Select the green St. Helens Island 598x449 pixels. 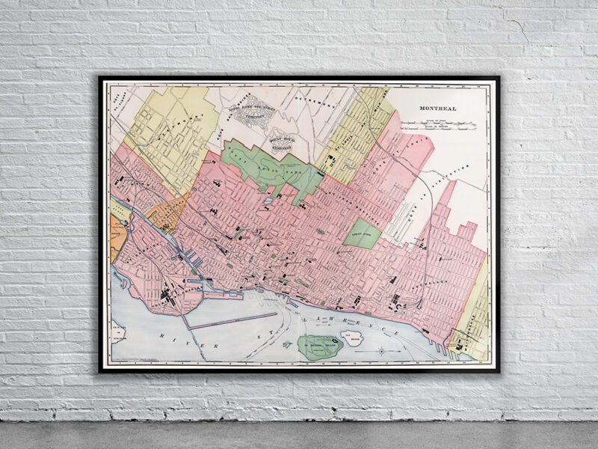coord(320,346)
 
